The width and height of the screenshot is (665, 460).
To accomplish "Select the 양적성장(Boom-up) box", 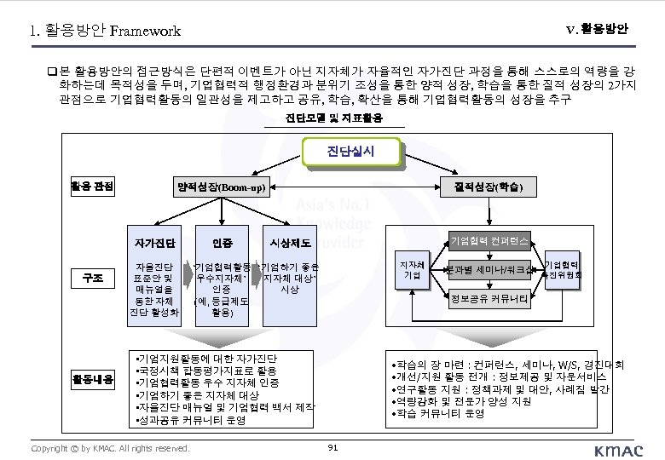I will (x=220, y=187).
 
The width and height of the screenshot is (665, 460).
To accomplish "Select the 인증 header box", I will (x=221, y=231).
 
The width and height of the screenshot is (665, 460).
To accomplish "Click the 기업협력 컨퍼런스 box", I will (x=489, y=241).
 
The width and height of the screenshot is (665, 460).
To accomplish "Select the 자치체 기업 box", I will (x=412, y=270).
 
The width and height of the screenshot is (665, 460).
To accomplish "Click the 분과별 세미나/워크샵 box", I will (x=490, y=270).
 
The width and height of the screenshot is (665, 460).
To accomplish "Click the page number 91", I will (x=332, y=446).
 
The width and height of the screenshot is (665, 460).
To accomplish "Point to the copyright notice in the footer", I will (x=109, y=447).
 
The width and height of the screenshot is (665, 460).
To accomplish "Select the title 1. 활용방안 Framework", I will (x=105, y=32).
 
